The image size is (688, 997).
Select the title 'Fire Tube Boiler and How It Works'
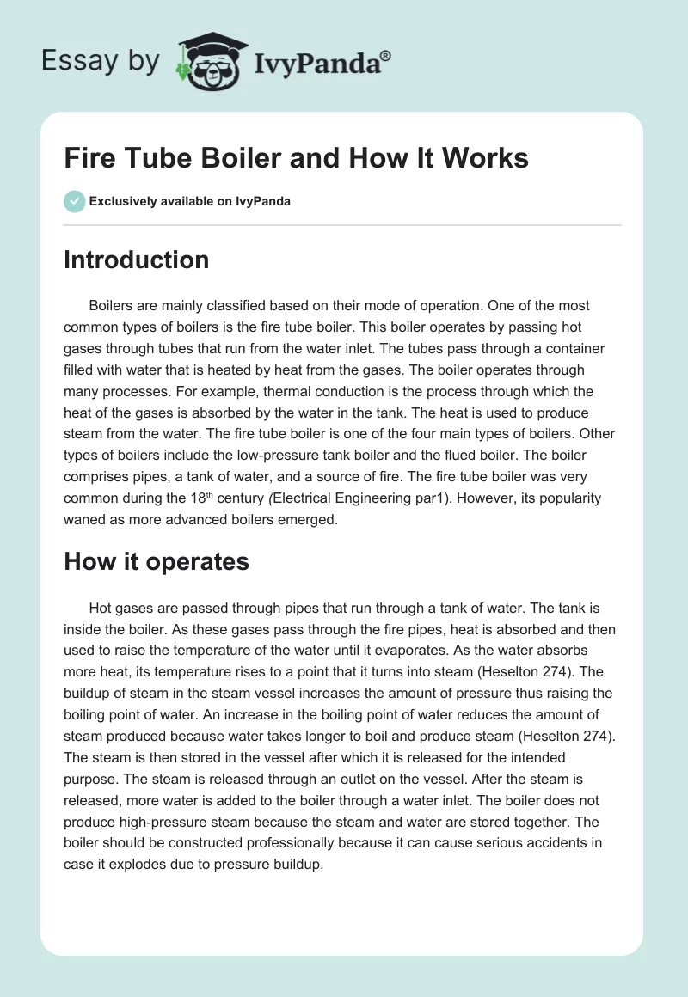click(x=296, y=158)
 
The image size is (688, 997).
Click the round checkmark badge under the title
click(x=74, y=201)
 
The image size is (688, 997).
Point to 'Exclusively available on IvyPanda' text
click(x=190, y=202)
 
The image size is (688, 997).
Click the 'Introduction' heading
click(x=136, y=260)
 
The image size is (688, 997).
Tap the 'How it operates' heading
click(x=156, y=561)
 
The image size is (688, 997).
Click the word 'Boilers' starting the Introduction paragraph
click(x=113, y=305)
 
